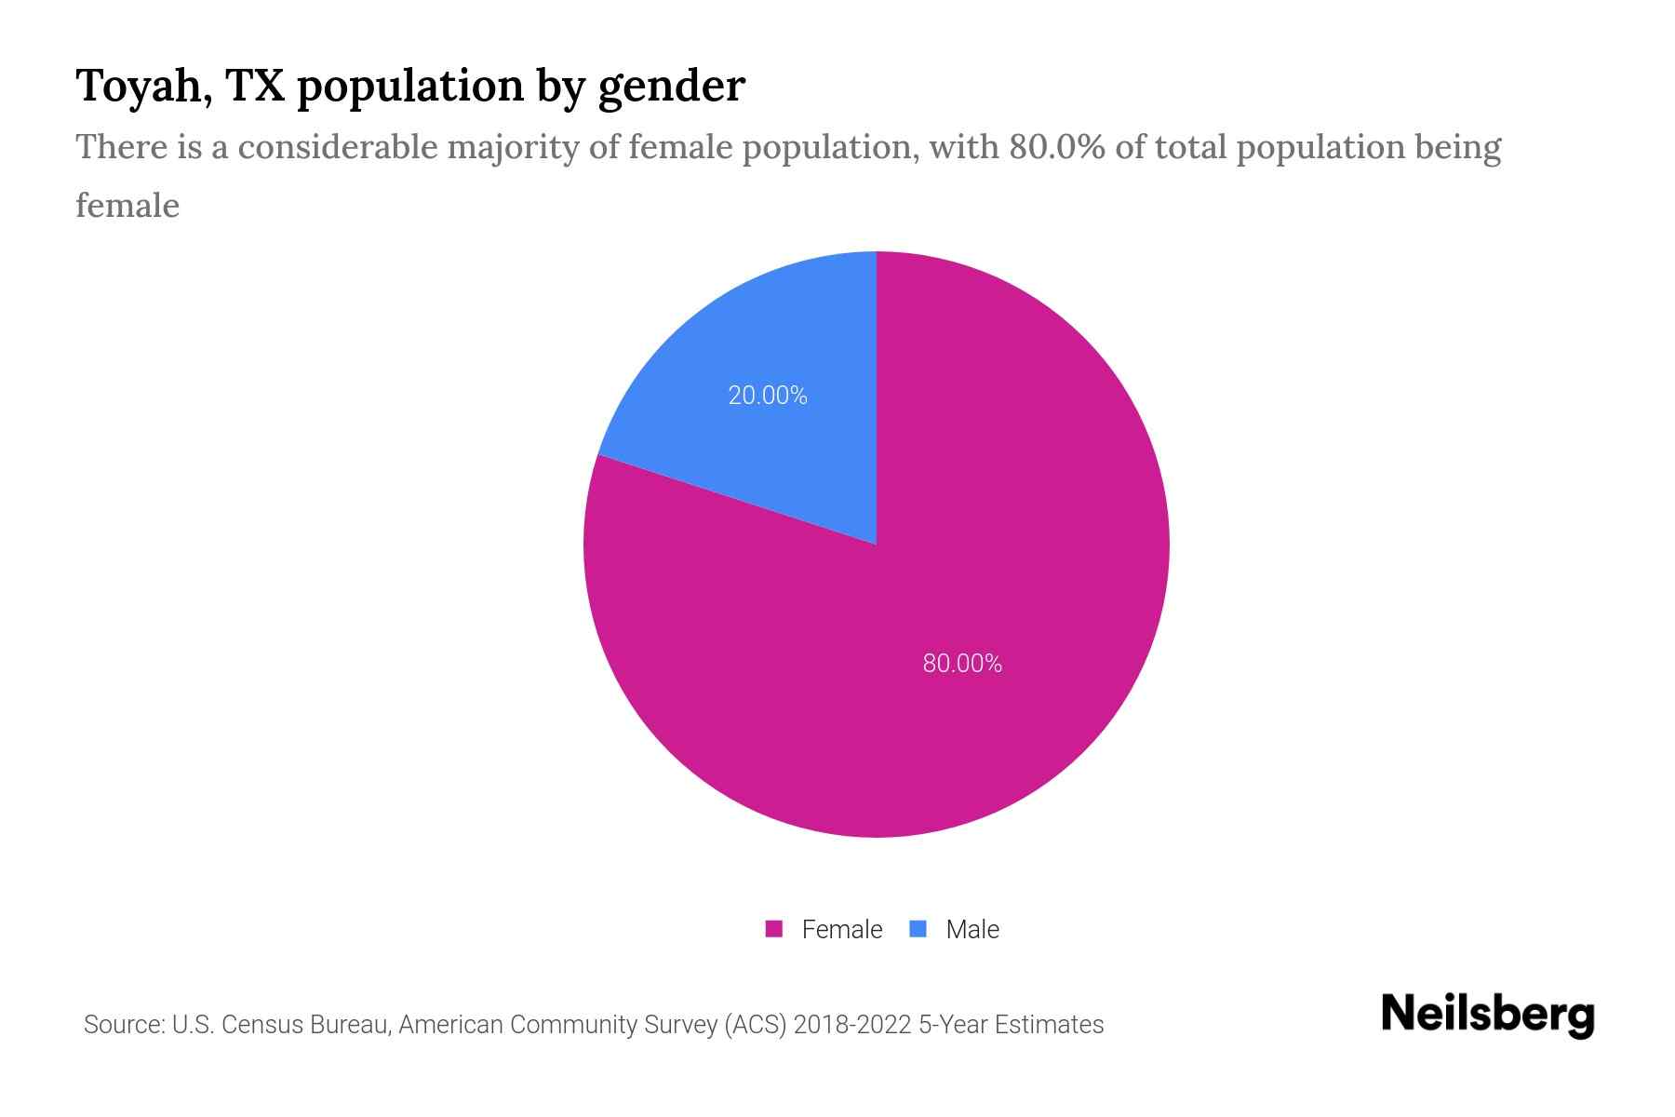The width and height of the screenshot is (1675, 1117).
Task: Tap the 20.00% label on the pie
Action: pyautogui.click(x=767, y=396)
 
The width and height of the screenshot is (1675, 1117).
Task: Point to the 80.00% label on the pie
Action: pyautogui.click(x=962, y=664)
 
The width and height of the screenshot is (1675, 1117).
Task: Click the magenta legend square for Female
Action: pyautogui.click(x=773, y=929)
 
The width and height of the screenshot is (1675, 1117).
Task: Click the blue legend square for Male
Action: pyautogui.click(x=918, y=929)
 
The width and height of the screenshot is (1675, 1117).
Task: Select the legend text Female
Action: pyautogui.click(x=841, y=930)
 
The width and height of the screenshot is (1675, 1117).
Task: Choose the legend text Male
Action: pyautogui.click(x=971, y=930)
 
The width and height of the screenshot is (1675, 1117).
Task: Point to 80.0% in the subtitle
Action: pyautogui.click(x=1056, y=147)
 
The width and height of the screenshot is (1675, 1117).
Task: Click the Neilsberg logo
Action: pyautogui.click(x=1487, y=1015)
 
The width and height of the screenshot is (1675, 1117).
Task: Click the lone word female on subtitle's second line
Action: pyautogui.click(x=127, y=205)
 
